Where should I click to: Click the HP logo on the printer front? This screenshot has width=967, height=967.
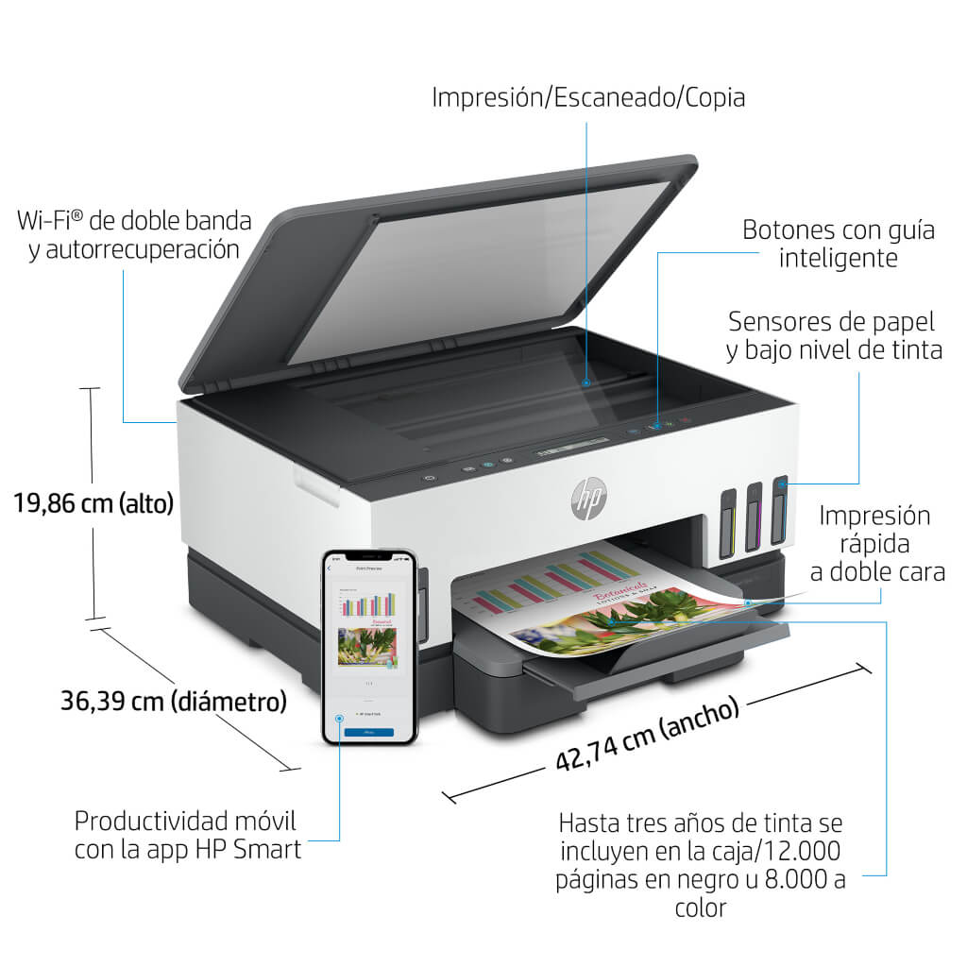(588, 497)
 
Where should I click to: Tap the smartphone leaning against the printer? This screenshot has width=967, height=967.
(369, 647)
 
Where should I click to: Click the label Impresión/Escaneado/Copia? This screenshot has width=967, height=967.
(588, 97)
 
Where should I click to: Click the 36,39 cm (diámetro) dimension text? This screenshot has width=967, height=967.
(174, 702)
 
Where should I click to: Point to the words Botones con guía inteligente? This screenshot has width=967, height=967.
(838, 244)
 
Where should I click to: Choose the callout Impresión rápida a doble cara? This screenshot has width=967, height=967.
(874, 543)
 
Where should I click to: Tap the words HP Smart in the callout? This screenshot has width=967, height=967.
(249, 849)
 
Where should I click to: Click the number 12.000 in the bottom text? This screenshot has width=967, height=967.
(805, 851)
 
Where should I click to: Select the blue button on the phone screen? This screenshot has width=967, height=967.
(368, 732)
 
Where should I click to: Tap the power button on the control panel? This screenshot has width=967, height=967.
(431, 478)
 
